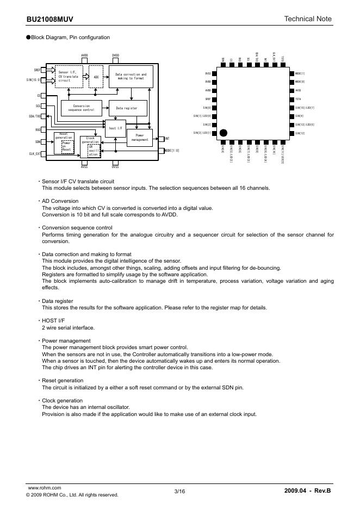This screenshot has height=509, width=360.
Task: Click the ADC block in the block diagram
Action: coord(96,77)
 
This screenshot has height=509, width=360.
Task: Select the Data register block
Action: coord(127,108)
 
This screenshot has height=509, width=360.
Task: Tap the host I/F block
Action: coord(115,128)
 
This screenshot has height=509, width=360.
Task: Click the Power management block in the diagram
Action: coord(139,138)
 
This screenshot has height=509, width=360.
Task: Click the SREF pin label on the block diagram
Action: coord(37,70)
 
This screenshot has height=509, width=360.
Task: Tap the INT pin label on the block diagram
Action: coord(167,139)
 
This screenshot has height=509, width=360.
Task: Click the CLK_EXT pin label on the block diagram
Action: coord(35,154)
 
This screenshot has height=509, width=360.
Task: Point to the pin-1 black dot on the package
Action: coord(224,133)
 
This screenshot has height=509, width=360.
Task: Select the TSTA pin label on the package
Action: coord(298,99)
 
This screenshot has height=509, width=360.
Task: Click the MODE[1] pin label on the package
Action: coord(300,73)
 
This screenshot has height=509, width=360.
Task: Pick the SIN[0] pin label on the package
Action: coord(207,108)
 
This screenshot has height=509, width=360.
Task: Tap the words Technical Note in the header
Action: coord(307,19)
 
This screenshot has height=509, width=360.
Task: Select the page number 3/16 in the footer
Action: coord(179,492)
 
